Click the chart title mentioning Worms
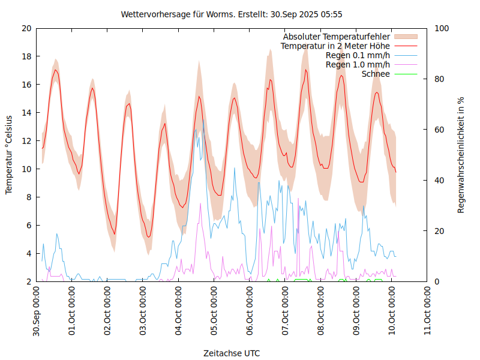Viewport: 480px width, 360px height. [232, 14]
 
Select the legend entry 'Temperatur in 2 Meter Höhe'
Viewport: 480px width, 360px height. [335, 46]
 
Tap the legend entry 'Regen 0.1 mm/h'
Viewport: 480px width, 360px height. [358, 55]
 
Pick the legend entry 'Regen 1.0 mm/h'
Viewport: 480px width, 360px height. [358, 65]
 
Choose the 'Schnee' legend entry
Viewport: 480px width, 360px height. [376, 74]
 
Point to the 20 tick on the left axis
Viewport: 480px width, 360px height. [26, 28]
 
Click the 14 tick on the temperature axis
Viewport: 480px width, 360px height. [26, 113]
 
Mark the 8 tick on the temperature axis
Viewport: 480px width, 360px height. [29, 197]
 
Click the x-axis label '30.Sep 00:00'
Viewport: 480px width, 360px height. [37, 311]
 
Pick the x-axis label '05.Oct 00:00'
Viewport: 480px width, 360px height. [214, 311]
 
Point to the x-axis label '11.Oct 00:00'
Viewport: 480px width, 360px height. [427, 311]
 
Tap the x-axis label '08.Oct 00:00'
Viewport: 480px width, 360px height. [321, 311]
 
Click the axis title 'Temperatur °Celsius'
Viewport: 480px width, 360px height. [9, 155]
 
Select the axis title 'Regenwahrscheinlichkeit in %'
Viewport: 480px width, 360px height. [461, 155]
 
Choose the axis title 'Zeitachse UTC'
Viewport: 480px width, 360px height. [232, 353]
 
